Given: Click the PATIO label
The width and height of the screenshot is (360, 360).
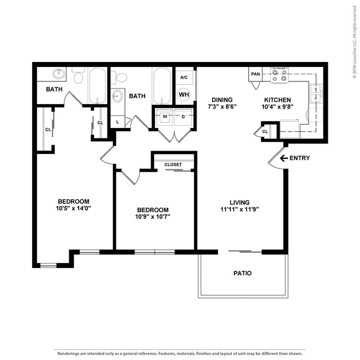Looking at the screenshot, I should pos(243,273).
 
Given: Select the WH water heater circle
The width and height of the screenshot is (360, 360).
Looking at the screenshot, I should pos(184,94).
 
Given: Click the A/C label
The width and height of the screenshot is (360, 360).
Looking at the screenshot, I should pos(184,78).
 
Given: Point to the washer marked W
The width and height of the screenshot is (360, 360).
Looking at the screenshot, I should pos(164,117).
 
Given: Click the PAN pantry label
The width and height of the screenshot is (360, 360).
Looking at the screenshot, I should pos(255,74).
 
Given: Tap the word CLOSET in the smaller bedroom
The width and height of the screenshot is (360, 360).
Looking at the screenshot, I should pos(173,164).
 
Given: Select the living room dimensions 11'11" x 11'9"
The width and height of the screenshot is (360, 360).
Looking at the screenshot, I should pos(240,209).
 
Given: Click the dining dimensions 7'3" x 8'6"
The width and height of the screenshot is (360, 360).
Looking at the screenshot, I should pos(222,106).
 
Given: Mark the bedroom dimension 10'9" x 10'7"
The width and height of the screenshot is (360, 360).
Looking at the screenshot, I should pos(153,217).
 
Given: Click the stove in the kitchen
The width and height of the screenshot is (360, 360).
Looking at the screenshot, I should pos(280,75).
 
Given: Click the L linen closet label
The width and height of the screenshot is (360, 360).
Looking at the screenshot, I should pos(117,121).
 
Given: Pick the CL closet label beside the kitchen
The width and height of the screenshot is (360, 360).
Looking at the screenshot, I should pos(265,131).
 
